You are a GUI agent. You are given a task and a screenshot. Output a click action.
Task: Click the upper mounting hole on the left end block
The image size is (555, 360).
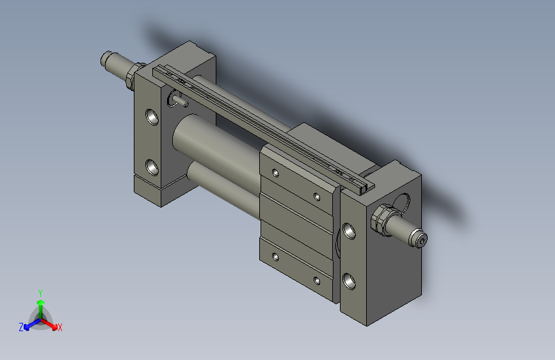[x=152, y=117]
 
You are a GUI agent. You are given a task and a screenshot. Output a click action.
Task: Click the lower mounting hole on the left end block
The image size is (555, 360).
[x=152, y=167]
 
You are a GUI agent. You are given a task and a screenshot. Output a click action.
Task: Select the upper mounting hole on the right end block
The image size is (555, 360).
[x=350, y=231]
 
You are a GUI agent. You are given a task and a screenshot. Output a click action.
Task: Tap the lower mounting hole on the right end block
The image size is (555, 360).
[x=350, y=280]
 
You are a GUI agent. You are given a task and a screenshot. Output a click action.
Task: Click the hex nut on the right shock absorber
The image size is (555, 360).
[x=380, y=219]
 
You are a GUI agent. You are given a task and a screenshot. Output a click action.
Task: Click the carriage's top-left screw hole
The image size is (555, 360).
[x=275, y=172]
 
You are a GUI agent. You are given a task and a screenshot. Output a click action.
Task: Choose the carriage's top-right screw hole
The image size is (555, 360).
[x=316, y=197]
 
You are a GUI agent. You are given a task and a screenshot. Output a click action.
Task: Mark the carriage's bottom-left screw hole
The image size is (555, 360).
[x=275, y=256]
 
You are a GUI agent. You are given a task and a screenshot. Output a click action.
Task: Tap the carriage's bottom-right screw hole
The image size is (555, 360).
[x=316, y=280]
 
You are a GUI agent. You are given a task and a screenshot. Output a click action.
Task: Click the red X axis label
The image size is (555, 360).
[x=60, y=328]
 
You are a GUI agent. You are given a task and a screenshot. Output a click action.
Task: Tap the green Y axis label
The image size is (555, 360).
[x=40, y=291]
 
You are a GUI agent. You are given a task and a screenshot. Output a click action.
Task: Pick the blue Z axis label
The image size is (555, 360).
[x=21, y=327]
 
